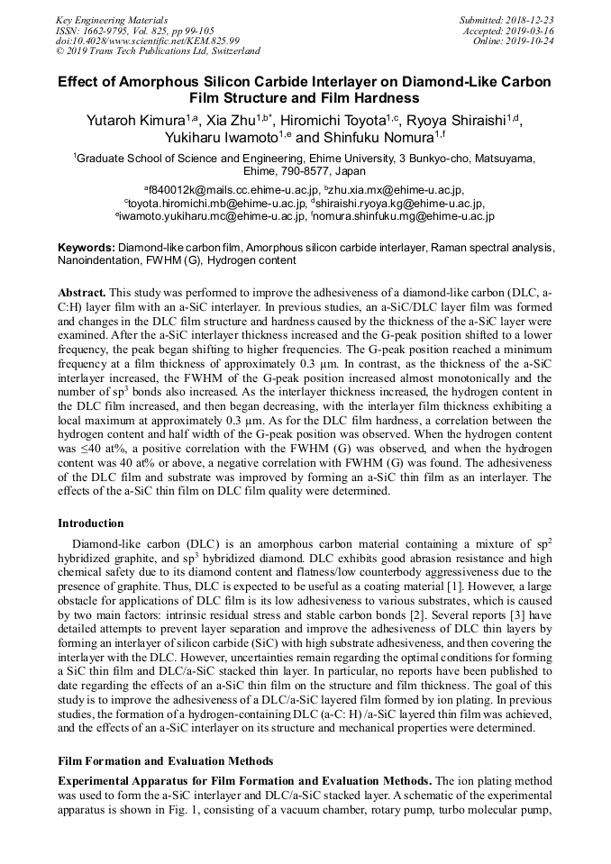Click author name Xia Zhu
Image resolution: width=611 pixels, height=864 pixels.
tap(222, 120)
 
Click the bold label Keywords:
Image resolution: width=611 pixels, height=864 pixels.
tap(87, 247)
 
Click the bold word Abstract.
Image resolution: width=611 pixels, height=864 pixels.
tap(82, 294)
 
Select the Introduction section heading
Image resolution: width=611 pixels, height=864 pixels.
tap(91, 523)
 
